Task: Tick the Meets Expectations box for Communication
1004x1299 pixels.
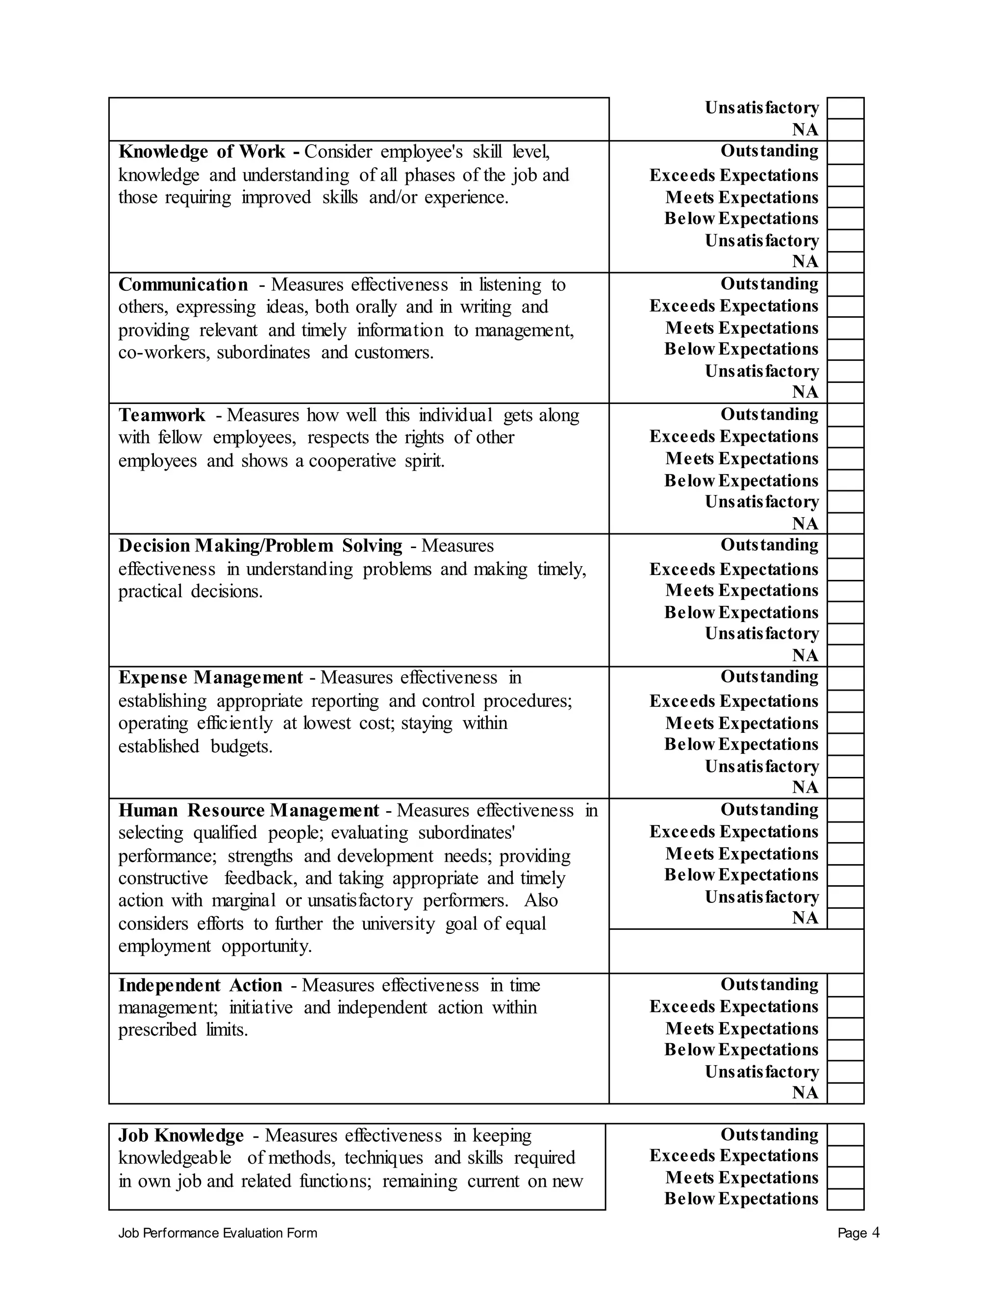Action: (845, 328)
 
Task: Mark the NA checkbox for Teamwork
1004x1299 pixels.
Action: (845, 524)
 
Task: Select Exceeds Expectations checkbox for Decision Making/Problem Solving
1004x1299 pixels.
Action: (845, 569)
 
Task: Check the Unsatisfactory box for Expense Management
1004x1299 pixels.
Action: (845, 766)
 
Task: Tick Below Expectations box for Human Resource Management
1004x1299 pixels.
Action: (845, 875)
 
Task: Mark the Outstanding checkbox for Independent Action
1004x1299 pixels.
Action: (845, 985)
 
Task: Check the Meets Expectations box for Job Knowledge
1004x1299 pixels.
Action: (845, 1177)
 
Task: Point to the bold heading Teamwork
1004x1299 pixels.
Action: (162, 415)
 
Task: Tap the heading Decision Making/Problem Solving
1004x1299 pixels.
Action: (260, 546)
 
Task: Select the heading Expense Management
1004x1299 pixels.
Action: (210, 677)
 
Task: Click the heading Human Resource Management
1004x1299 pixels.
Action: (249, 810)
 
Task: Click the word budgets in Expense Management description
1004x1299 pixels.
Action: (241, 746)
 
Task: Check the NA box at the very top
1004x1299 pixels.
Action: (845, 130)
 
